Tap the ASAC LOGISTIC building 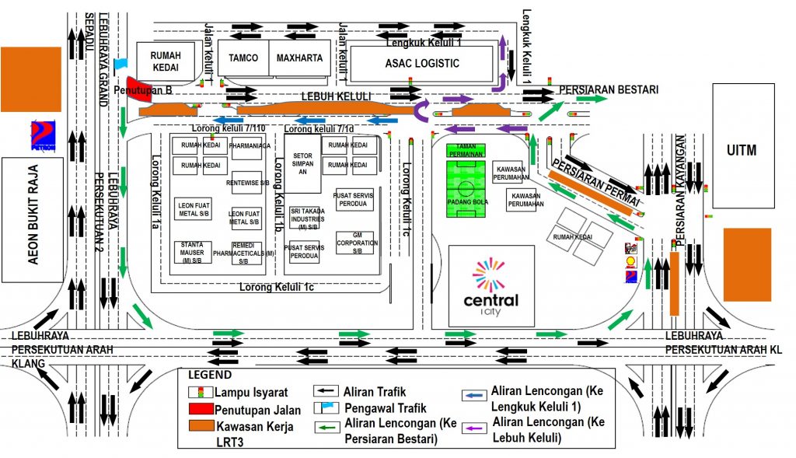pos(422,63)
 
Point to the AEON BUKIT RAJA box pos(33,220)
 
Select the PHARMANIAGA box pos(250,145)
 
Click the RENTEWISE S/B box pos(246,183)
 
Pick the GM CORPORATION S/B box pos(355,243)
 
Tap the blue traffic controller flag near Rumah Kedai pos(120,64)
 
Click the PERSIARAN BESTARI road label pos(609,89)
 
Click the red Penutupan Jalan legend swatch pos(201,407)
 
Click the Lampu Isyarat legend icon pos(201,391)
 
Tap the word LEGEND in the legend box pos(204,375)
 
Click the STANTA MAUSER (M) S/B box pos(190,251)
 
